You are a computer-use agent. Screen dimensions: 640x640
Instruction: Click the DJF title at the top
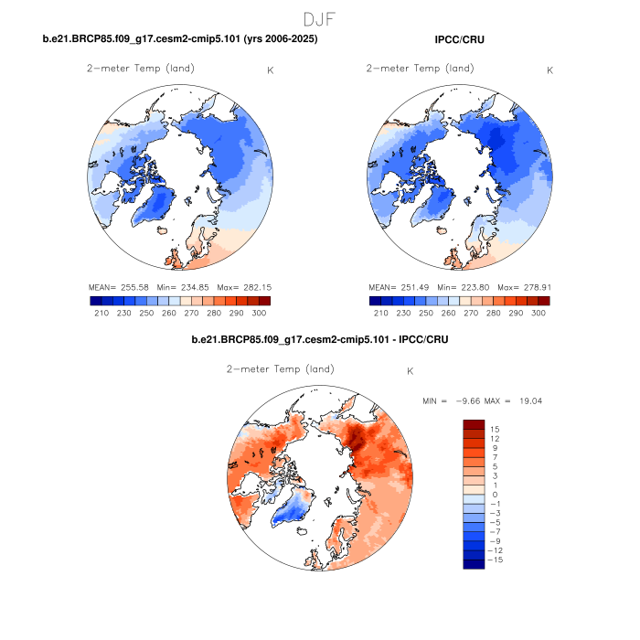coord(320,18)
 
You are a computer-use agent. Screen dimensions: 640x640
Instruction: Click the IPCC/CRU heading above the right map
coord(460,39)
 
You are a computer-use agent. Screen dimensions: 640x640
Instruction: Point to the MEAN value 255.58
coord(136,287)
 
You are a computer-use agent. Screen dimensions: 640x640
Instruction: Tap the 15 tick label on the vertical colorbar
coord(494,429)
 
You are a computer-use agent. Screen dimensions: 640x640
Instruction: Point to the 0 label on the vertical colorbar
coord(496,495)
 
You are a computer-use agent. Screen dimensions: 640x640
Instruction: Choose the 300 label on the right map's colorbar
coord(538,313)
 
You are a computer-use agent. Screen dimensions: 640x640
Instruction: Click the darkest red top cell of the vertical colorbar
coord(473,424)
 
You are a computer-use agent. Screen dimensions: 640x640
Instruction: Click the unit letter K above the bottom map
coord(411,371)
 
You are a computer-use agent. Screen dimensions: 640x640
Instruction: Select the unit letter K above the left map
coord(270,70)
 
